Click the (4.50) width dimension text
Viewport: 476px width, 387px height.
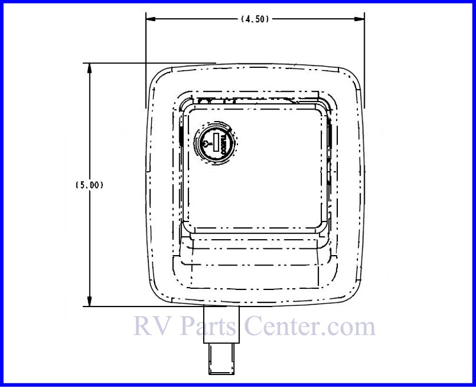coord(255,19)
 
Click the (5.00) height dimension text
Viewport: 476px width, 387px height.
coord(89,185)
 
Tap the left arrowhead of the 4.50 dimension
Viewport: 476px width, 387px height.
coord(150,19)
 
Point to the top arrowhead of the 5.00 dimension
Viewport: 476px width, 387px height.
coord(89,67)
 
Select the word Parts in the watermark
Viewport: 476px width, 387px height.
coord(208,327)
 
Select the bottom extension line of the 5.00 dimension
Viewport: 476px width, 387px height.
coord(143,307)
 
